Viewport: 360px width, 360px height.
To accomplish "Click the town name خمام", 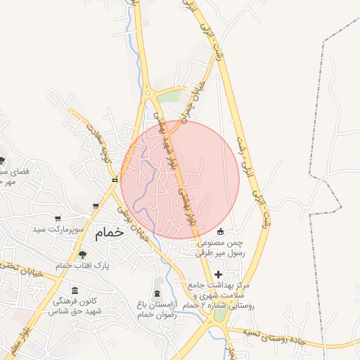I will click(x=111, y=232).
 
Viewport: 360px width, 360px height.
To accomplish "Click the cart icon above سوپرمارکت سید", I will click(x=96, y=206).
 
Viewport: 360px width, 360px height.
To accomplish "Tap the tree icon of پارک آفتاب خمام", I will click(x=83, y=254).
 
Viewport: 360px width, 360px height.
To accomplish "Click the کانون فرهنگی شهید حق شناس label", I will click(x=77, y=306).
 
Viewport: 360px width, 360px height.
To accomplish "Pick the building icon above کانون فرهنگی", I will click(x=75, y=290).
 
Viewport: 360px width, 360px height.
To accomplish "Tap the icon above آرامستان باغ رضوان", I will click(x=156, y=292).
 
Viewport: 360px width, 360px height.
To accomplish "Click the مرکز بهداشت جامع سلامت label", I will click(x=221, y=296).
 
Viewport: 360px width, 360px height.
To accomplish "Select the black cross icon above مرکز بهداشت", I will click(x=217, y=274).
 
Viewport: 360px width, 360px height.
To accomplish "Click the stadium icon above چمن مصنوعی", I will click(x=220, y=231).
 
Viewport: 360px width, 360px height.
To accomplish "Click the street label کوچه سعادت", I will click(x=96, y=137).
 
